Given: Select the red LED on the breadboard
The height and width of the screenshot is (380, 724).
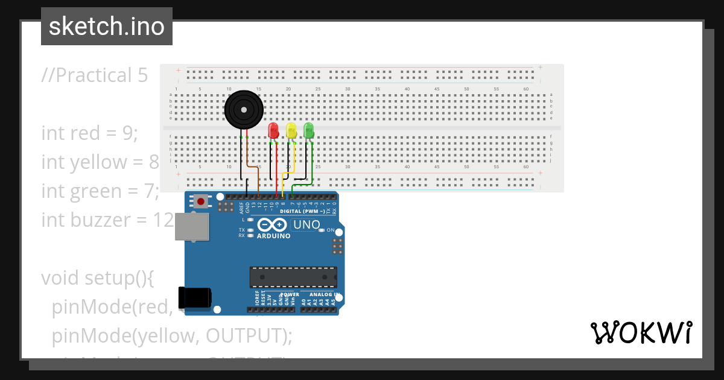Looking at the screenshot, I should click(x=273, y=130).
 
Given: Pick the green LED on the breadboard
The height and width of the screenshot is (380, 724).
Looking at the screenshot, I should click(x=309, y=130).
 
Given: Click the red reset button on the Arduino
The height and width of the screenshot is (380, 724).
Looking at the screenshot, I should click(x=199, y=201).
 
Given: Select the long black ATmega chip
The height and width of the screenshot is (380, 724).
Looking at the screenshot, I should click(x=294, y=277).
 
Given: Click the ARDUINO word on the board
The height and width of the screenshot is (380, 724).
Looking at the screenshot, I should click(x=273, y=236).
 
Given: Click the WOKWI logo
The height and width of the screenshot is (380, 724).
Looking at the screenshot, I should click(x=641, y=332).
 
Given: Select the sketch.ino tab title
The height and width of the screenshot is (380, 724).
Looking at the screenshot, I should click(x=107, y=27).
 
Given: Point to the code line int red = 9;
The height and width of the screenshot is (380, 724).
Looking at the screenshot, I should click(x=90, y=133).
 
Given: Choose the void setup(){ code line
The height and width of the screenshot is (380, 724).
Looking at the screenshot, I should click(x=98, y=278).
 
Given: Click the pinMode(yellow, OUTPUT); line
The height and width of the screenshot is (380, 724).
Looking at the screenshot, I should click(x=172, y=336).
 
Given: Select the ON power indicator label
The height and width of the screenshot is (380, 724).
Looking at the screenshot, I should click(x=331, y=230).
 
